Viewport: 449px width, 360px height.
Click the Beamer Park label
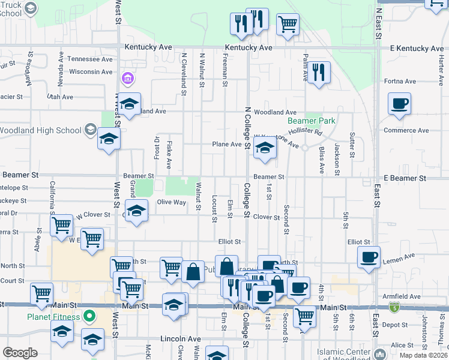pos(319,121)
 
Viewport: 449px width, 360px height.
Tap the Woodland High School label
pos(40,130)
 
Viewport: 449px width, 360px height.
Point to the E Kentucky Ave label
pos(416,48)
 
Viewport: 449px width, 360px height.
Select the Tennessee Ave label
pos(89,59)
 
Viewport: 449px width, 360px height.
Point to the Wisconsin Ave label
pos(91,72)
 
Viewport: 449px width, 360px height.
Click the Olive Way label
pos(171,202)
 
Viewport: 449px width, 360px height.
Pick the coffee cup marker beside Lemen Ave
pos(369,257)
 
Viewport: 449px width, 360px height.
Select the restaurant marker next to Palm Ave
pos(319,73)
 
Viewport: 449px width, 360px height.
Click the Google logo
pos(20,353)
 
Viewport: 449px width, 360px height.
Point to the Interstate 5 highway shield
pos(394,308)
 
